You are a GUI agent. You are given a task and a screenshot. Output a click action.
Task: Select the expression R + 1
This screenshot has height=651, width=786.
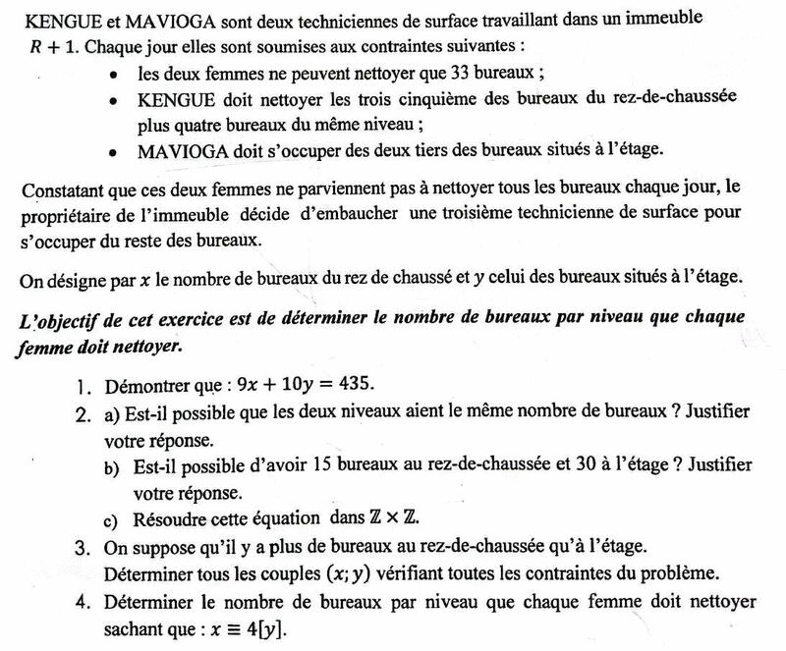(x=49, y=47)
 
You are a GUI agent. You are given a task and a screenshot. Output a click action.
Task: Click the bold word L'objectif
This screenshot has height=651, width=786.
(x=61, y=320)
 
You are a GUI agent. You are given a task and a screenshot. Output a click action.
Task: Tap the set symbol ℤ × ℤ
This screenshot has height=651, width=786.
(x=410, y=517)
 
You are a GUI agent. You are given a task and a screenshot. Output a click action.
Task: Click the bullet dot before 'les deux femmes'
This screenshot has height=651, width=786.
(x=116, y=75)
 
